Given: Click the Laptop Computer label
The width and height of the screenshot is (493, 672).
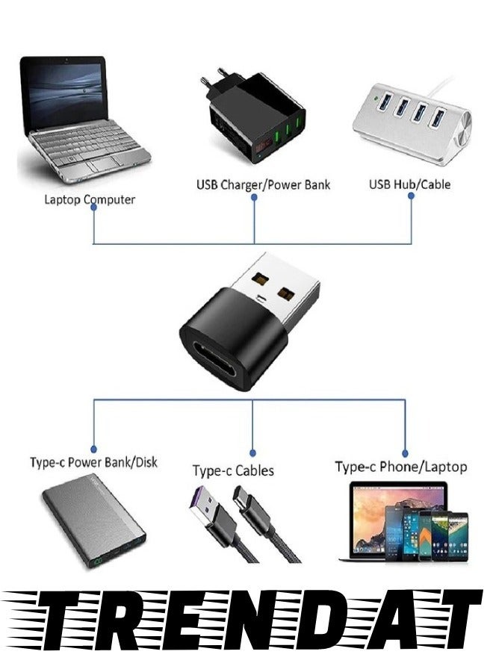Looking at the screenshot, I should (90, 199).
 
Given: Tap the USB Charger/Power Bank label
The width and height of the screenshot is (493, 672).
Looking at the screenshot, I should (263, 184).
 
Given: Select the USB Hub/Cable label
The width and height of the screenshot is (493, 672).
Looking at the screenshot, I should (410, 184).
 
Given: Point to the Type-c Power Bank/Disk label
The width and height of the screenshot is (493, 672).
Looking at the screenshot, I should (94, 462).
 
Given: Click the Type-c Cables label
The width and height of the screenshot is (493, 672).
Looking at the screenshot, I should (233, 470).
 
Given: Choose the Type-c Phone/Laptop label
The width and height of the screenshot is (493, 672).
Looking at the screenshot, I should (401, 467).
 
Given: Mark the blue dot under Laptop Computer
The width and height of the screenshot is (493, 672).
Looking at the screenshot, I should (93, 208).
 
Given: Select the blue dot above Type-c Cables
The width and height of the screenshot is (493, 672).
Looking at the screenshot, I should (252, 452).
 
